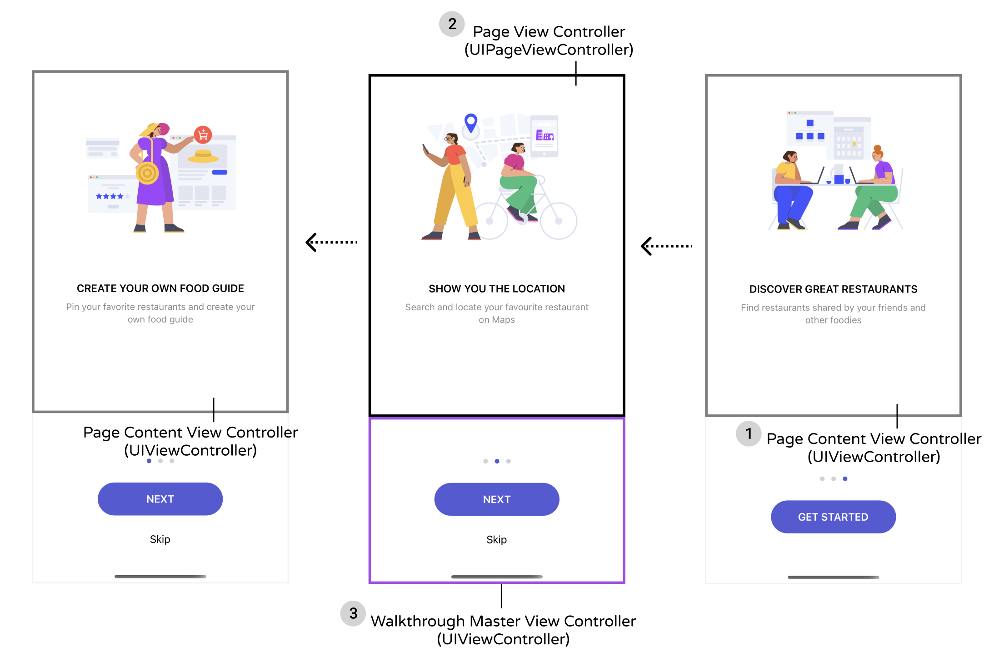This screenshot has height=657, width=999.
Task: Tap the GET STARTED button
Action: pyautogui.click(x=833, y=517)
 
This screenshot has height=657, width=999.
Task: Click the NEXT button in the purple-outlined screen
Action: pyautogui.click(x=496, y=499)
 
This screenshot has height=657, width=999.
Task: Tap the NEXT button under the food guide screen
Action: pyautogui.click(x=160, y=498)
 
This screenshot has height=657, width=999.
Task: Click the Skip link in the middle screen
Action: pyautogui.click(x=496, y=539)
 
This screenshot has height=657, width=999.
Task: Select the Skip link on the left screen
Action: pyautogui.click(x=160, y=539)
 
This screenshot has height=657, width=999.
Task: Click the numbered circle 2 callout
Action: pyautogui.click(x=452, y=24)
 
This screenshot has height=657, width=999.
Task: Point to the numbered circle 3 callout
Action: pyautogui.click(x=353, y=613)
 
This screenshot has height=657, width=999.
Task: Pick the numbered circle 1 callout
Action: pyautogui.click(x=749, y=433)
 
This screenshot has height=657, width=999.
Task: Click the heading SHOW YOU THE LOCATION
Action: pyautogui.click(x=496, y=289)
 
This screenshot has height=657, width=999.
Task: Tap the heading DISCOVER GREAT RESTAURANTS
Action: pyautogui.click(x=833, y=289)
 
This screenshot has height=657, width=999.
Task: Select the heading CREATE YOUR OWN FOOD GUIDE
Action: pyautogui.click(x=160, y=288)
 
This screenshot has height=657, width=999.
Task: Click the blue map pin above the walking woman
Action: pyautogui.click(x=471, y=122)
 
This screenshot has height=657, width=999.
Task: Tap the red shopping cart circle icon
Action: pyautogui.click(x=203, y=134)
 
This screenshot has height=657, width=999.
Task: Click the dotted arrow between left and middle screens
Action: pyautogui.click(x=331, y=242)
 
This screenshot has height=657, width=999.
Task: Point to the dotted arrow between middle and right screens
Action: pyautogui.click(x=666, y=246)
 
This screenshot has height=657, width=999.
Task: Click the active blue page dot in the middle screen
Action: pyautogui.click(x=497, y=461)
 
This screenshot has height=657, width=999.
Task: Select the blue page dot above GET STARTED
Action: pyautogui.click(x=845, y=478)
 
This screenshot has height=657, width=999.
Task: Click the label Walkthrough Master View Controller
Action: pyautogui.click(x=503, y=621)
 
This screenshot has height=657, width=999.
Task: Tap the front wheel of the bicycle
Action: pyautogui.click(x=558, y=221)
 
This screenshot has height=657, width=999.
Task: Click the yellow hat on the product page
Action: pyautogui.click(x=203, y=156)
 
